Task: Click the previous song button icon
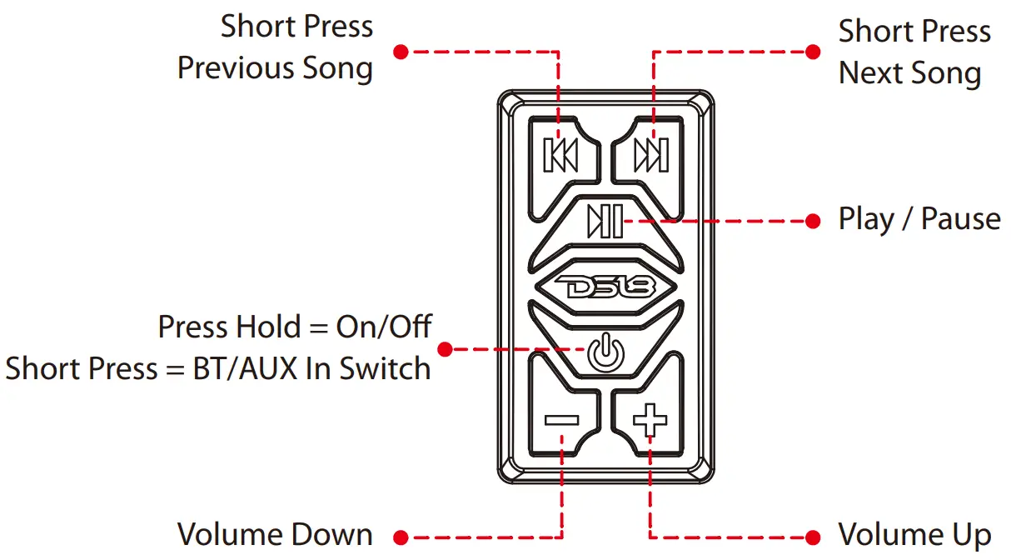pos(560,155)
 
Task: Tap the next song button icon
pos(650,155)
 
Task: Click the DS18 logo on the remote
pos(605,287)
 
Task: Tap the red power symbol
pos(605,350)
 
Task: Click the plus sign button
pos(650,419)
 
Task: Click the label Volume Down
pos(276,534)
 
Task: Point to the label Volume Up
pos(914,534)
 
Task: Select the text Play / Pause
pos(919,219)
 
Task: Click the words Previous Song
pos(276,68)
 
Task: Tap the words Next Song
pos(909,72)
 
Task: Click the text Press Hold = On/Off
pos(295,326)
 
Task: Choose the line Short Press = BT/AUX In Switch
pos(218,367)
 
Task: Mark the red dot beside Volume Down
pos(401,537)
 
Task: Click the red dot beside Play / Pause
pos(814,222)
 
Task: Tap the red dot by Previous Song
pos(401,52)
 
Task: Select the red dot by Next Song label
pos(814,52)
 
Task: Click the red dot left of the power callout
pos(446,349)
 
